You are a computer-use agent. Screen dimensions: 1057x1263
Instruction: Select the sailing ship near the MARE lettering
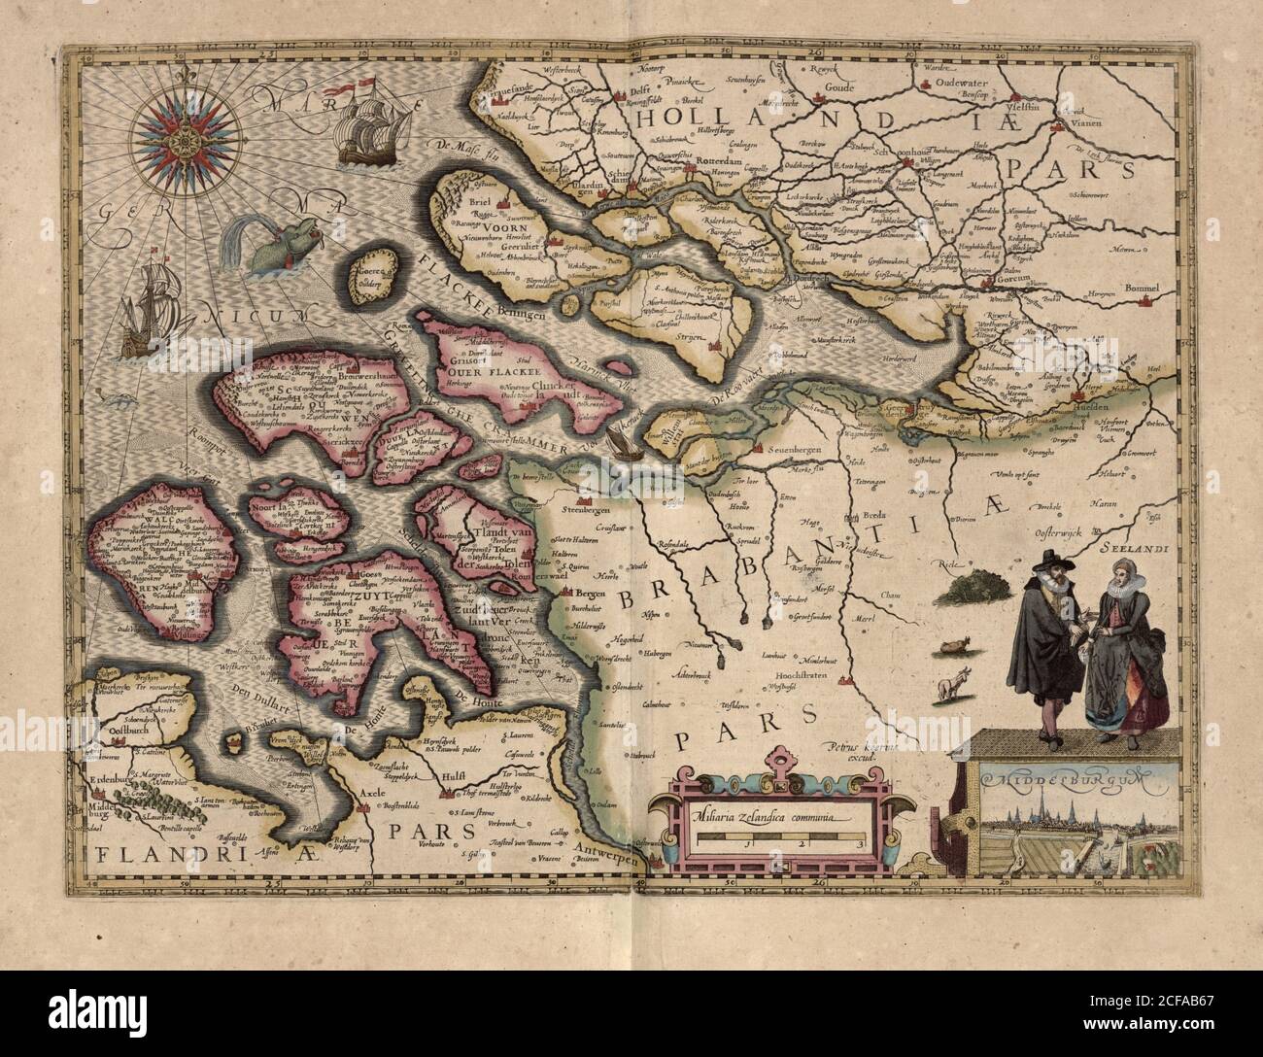pos(370,126)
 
